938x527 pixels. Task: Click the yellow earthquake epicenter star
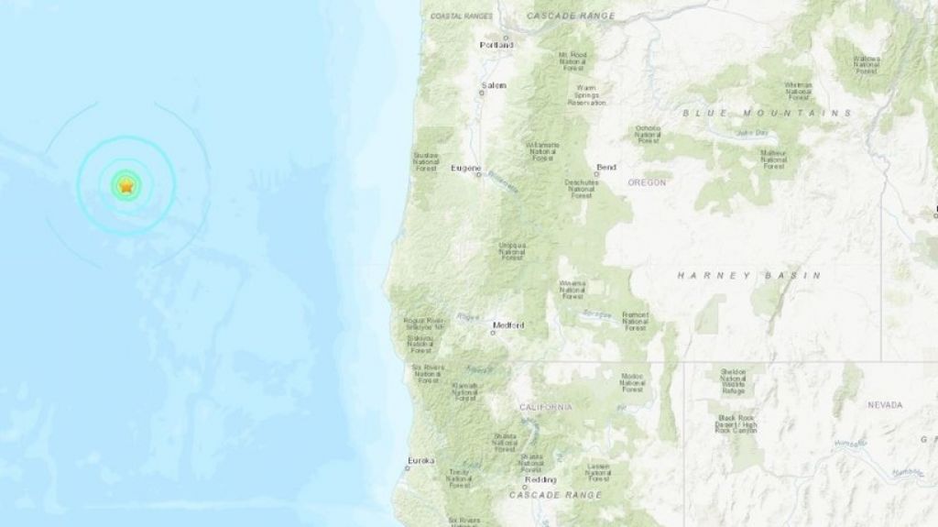tap(126, 186)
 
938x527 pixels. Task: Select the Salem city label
tap(495, 85)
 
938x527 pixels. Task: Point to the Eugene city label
tap(466, 169)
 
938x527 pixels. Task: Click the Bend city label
tap(605, 168)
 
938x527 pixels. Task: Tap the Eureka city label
tap(421, 460)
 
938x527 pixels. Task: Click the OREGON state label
tap(647, 182)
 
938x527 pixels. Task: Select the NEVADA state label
tap(885, 404)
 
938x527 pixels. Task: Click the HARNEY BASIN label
tap(748, 275)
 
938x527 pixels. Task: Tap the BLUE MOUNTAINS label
tap(767, 113)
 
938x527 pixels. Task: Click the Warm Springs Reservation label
tap(587, 94)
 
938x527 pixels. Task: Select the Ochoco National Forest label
tap(649, 134)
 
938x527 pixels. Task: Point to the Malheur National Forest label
tap(774, 159)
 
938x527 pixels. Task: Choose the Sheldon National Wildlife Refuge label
tap(733, 380)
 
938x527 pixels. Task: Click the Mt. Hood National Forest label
tap(572, 60)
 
